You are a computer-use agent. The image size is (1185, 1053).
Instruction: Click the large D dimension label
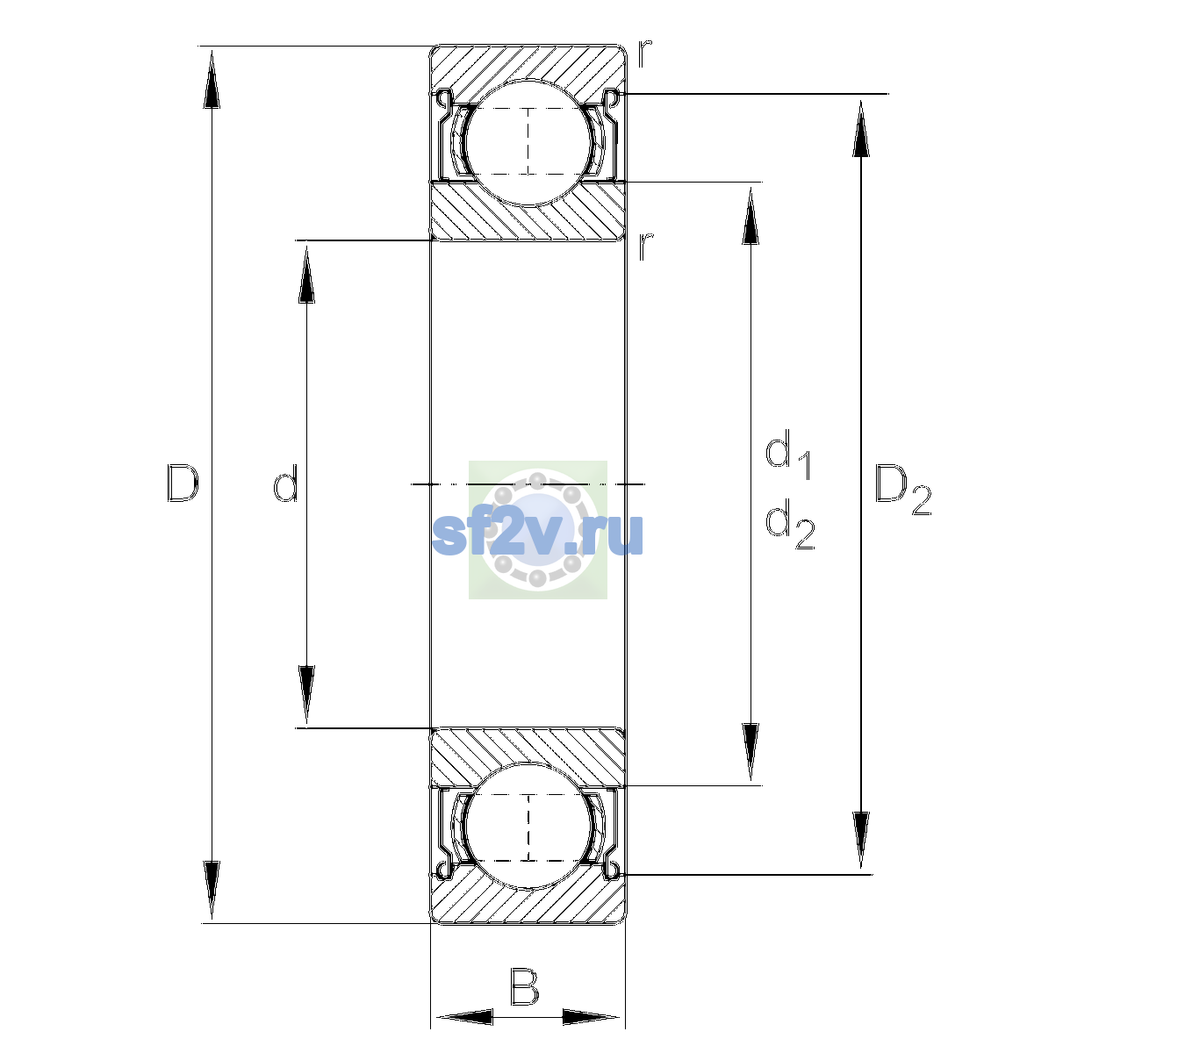pos(183,484)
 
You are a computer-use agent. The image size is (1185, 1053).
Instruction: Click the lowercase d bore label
pos(286,484)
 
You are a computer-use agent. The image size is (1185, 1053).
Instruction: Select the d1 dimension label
pos(788,454)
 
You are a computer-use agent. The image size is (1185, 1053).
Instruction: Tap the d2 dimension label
pos(790,524)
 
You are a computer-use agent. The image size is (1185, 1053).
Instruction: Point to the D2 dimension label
pos(902,490)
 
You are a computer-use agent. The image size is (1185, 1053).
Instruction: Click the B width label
pos(524,987)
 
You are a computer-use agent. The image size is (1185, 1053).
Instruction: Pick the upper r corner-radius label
pos(644,54)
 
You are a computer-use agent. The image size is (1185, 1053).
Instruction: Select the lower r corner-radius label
pos(645,247)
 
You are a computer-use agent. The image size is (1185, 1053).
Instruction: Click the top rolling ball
pos(528,143)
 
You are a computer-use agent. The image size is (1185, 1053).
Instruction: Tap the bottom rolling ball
pos(528,826)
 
